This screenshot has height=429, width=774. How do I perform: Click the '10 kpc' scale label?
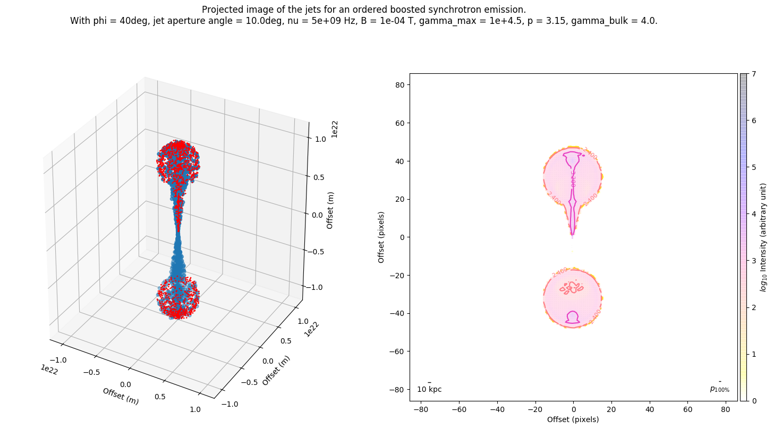point(429,389)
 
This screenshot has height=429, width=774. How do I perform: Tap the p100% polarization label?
point(719,389)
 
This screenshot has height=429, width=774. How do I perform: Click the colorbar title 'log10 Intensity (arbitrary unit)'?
point(763,237)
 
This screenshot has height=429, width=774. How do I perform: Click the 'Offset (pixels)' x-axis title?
point(573,419)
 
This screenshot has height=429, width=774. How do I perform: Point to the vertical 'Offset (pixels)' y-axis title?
point(381,237)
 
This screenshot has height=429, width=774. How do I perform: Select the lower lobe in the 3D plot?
point(178,297)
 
